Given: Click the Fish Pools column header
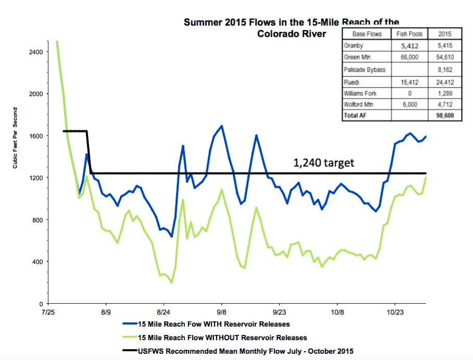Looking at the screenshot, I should [x=409, y=34].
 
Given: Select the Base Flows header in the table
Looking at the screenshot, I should [x=367, y=34].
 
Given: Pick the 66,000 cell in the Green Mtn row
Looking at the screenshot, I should [x=409, y=57].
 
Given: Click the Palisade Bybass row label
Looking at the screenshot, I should [x=365, y=69].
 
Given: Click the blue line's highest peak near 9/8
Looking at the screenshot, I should [x=222, y=126].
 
